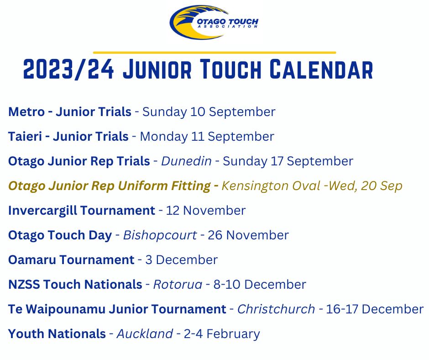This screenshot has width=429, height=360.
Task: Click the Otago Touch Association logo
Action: (214, 22)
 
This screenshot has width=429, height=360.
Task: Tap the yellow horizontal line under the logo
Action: (214, 53)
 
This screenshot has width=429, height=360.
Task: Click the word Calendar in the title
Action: (321, 69)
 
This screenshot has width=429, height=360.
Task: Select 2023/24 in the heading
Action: (68, 69)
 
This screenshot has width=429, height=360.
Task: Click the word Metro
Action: (26, 112)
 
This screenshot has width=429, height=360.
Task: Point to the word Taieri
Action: (25, 137)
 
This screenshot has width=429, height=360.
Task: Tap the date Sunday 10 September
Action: (209, 112)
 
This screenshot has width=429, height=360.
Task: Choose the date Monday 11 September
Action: (207, 137)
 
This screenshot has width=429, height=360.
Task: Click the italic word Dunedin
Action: (186, 161)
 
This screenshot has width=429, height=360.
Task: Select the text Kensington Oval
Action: (271, 186)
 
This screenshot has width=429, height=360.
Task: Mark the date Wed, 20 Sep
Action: (365, 186)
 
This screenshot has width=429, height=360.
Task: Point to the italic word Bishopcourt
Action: (160, 235)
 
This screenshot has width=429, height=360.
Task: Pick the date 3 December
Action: (181, 260)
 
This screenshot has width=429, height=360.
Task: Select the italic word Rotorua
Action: (178, 284)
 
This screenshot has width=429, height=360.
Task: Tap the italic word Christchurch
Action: (276, 309)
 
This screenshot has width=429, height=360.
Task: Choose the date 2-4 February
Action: (222, 334)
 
